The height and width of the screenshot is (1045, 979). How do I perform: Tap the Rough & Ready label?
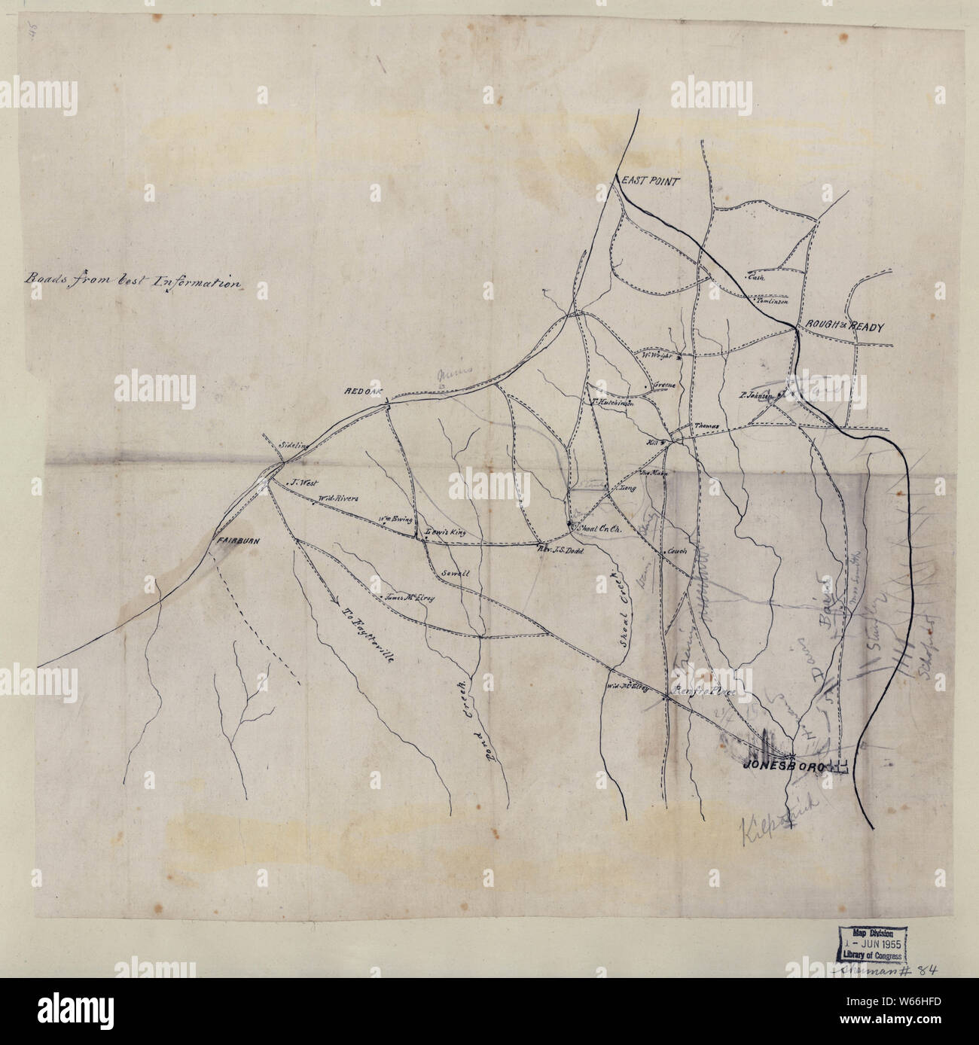click(x=843, y=325)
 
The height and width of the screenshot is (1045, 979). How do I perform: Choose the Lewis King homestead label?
click(x=446, y=532)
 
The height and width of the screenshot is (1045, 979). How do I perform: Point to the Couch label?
click(x=674, y=551)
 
